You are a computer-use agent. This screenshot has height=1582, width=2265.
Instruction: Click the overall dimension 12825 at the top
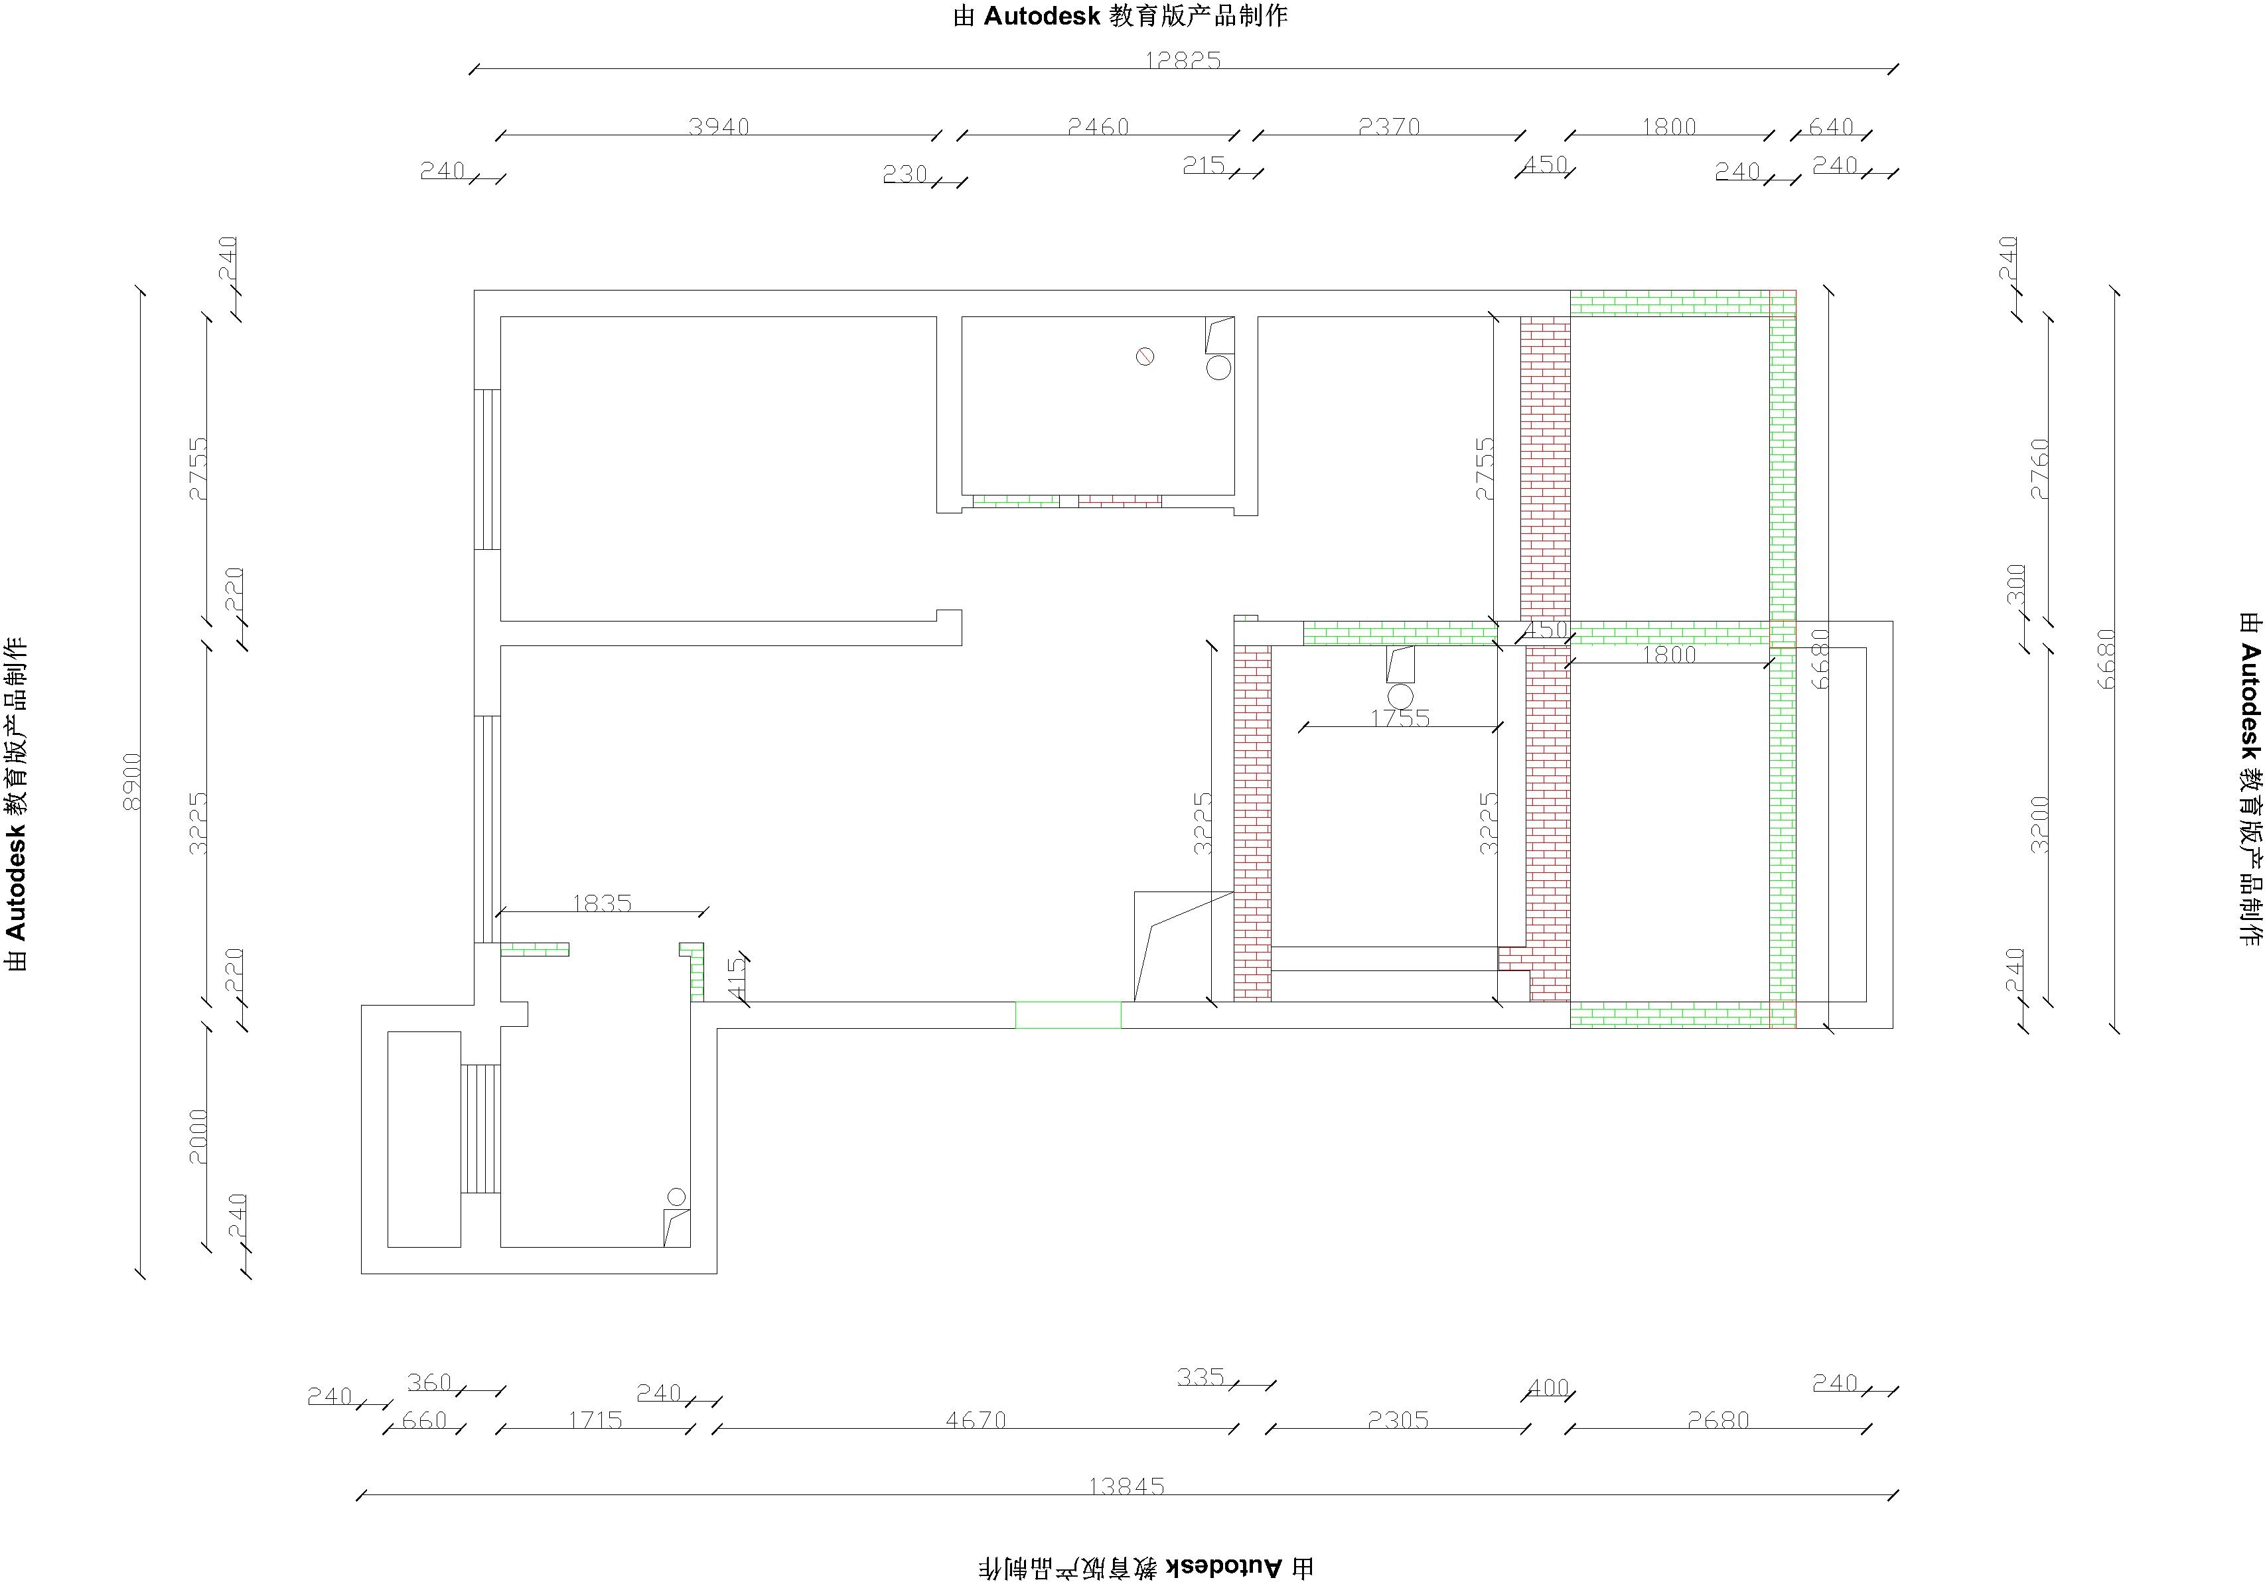click(x=1183, y=60)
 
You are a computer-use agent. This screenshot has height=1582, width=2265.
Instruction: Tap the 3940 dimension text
click(x=719, y=126)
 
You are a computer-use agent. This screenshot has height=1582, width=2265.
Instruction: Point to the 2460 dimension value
click(x=1098, y=126)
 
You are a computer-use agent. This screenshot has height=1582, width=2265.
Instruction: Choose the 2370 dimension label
click(x=1389, y=126)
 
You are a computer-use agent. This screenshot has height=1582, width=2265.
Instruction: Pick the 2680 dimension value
click(x=1718, y=1420)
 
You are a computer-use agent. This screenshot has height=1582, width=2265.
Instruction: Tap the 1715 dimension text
click(x=595, y=1420)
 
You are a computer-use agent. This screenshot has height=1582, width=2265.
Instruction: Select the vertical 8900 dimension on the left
click(x=132, y=782)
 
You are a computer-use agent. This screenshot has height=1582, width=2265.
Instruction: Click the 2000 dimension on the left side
click(x=198, y=1137)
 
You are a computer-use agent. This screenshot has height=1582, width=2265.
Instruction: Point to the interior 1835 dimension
click(x=602, y=903)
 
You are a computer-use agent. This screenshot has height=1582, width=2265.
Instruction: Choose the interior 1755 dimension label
click(x=1400, y=718)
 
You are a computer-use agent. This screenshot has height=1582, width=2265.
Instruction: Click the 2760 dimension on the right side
click(x=2040, y=470)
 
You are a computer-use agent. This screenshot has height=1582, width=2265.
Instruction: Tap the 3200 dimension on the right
click(x=2040, y=824)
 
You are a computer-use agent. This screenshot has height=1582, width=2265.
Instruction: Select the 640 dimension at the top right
click(x=1831, y=126)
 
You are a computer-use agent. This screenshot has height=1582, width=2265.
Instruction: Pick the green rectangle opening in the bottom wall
click(x=1068, y=1015)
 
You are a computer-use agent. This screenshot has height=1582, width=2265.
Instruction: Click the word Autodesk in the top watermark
click(x=1042, y=16)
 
